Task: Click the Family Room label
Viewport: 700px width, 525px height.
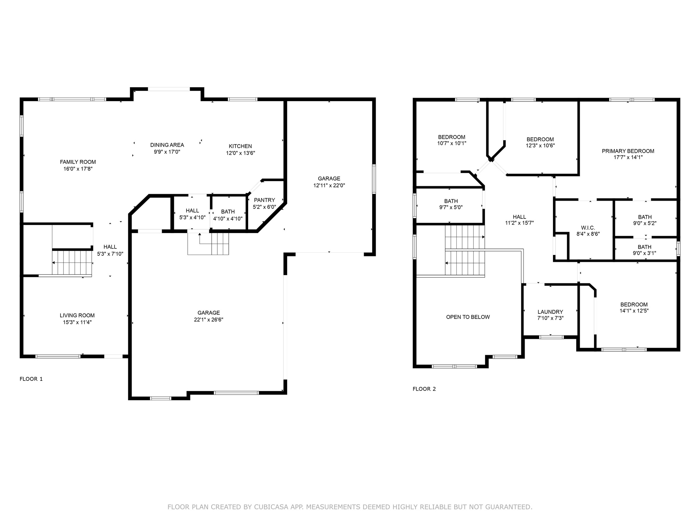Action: click(78, 162)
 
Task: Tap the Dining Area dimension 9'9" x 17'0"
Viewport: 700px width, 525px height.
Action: click(167, 152)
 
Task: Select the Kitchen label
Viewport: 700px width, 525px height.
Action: click(240, 146)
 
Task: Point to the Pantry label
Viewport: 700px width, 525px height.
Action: click(264, 200)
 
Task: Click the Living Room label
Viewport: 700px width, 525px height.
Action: click(77, 315)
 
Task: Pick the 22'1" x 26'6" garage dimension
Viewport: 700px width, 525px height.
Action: click(208, 320)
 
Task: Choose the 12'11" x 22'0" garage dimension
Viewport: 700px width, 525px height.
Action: click(329, 185)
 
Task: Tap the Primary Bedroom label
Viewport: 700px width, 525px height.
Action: click(628, 151)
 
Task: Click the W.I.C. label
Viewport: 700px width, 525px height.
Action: click(588, 228)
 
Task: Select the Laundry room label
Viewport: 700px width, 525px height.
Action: click(550, 312)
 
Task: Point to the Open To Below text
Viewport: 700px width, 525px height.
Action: click(468, 317)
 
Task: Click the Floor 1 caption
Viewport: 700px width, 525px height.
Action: click(31, 379)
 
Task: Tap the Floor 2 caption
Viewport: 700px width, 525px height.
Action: click(424, 389)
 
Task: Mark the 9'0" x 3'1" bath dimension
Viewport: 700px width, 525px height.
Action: click(645, 253)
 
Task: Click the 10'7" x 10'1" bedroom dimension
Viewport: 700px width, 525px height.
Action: click(452, 144)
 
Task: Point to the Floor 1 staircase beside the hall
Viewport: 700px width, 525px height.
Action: click(72, 263)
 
